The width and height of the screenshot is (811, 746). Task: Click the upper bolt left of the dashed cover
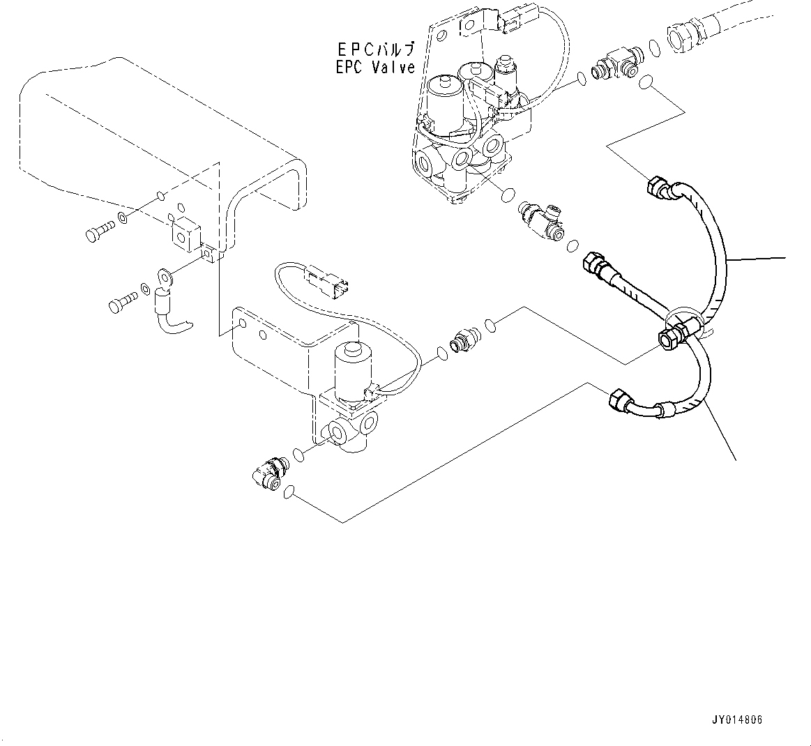[98, 234]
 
